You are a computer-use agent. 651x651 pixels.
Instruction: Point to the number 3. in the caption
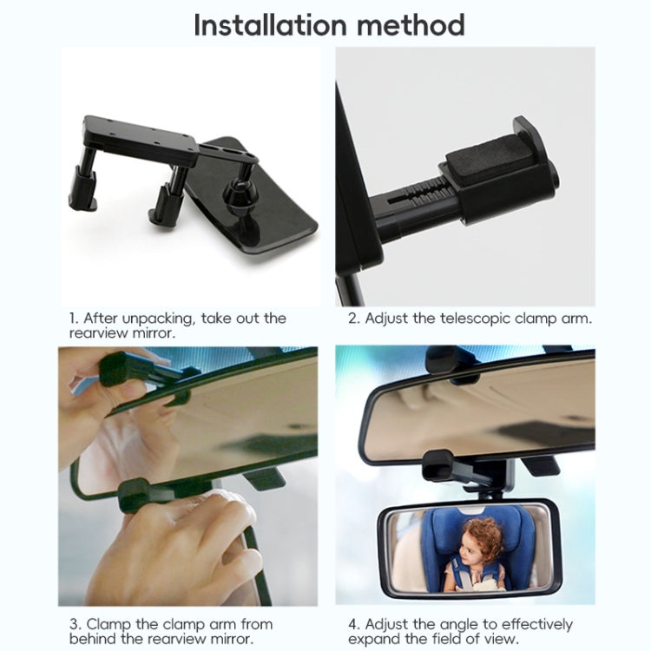(75, 624)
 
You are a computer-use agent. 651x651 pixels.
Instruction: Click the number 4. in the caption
(353, 624)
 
